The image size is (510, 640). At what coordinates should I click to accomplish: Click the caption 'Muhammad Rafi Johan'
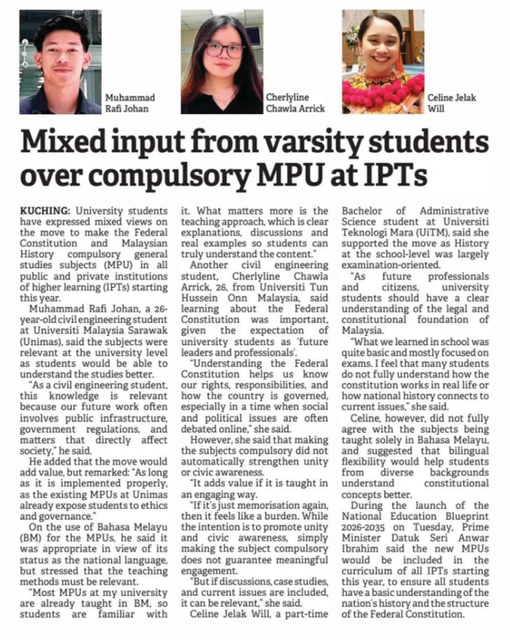[x=130, y=103]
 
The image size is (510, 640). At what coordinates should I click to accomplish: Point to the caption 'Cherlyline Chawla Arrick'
[x=295, y=103]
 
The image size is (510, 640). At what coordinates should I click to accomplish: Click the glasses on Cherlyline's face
[x=223, y=50]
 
